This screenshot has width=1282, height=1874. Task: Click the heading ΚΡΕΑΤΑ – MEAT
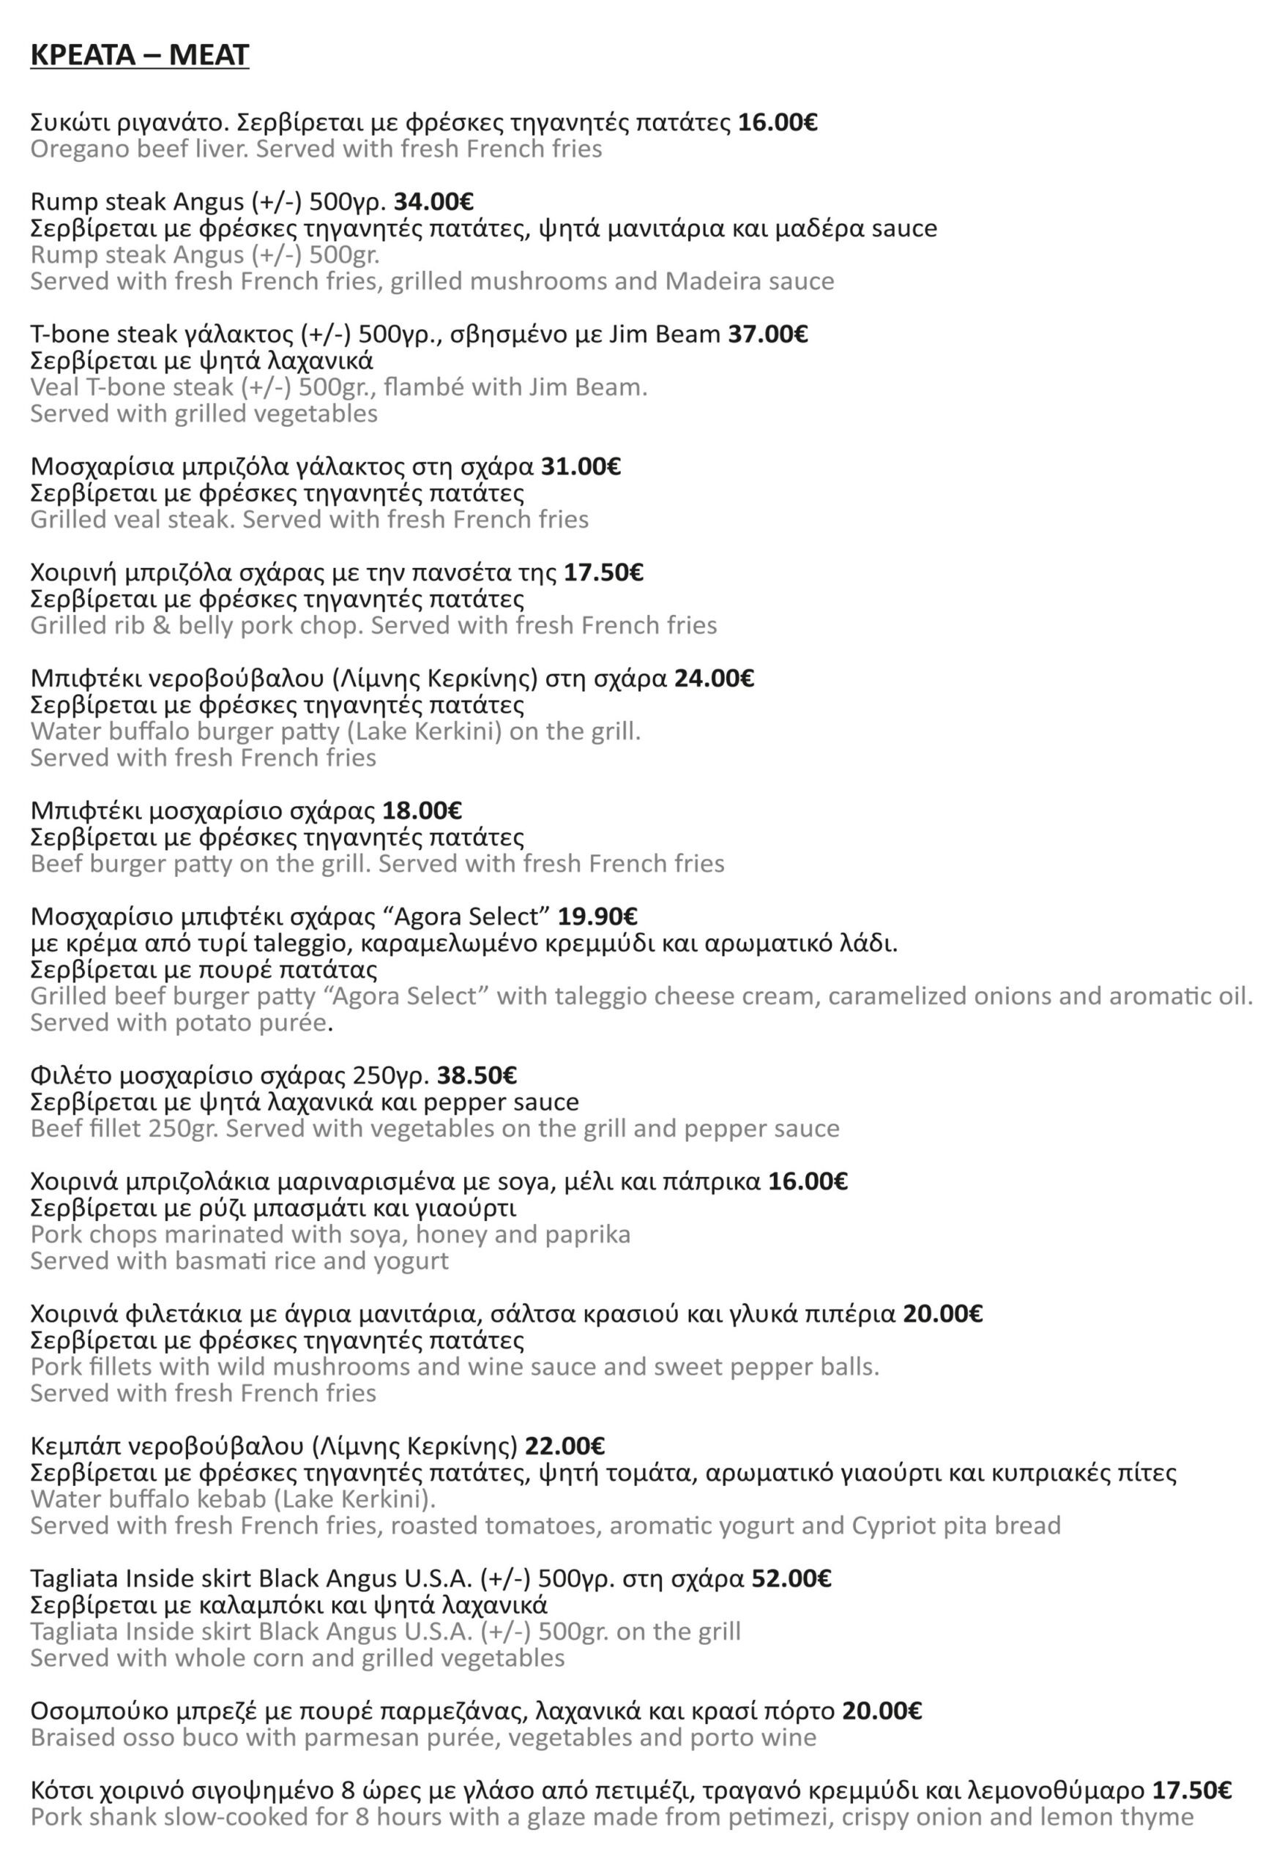[x=140, y=55]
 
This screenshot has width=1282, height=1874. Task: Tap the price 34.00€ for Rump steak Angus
[x=433, y=201]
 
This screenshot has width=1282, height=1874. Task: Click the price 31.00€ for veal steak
[x=581, y=467]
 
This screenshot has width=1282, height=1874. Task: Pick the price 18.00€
[x=422, y=810]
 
